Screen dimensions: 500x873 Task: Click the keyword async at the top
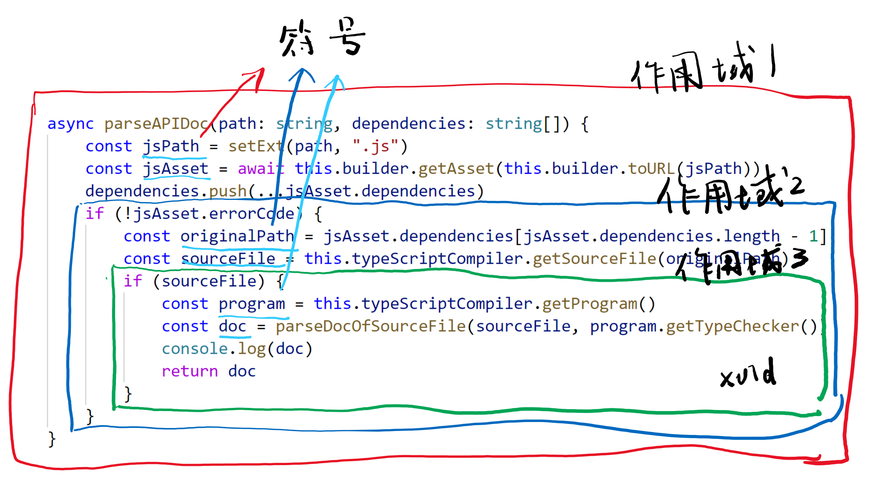click(x=70, y=124)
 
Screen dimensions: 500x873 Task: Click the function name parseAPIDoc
click(x=156, y=124)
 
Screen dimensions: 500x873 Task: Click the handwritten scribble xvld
click(x=748, y=374)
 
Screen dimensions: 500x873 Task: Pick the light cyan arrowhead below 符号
click(x=336, y=80)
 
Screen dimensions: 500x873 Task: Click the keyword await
click(x=261, y=169)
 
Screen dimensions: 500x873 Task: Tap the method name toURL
click(x=652, y=169)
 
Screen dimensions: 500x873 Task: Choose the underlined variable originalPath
click(x=237, y=236)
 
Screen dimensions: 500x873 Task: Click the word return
click(x=190, y=371)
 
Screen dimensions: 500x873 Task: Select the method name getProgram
click(x=590, y=304)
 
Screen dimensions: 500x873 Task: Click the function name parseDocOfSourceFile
click(x=371, y=326)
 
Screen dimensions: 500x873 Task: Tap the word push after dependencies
click(x=228, y=191)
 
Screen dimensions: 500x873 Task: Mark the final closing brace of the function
click(x=52, y=439)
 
